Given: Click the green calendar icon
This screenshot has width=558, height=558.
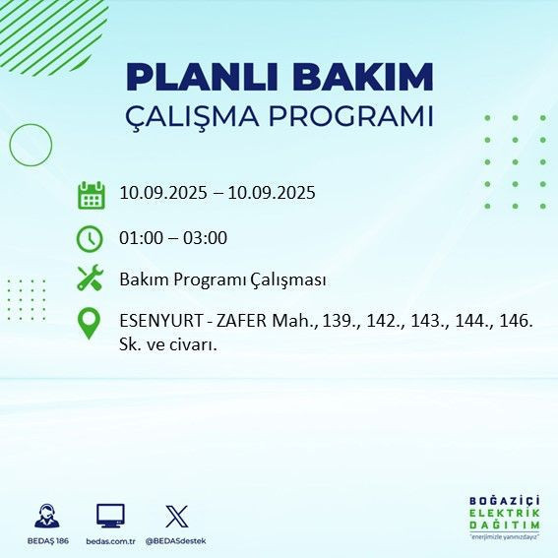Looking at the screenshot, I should coord(91,194).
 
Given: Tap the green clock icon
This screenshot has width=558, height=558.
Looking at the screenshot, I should coord(91,237).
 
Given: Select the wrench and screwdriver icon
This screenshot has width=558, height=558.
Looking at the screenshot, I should coord(91,279).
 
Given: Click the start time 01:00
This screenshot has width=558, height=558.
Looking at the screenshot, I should coord(141,237).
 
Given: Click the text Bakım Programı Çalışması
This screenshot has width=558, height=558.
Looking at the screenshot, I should coord(222,279).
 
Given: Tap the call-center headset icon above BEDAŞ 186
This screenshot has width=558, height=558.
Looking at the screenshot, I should coord(45,516).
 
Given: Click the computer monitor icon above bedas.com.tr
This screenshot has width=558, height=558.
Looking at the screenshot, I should coord(110,516).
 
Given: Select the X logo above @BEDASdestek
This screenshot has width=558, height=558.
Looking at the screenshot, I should coord(176,516).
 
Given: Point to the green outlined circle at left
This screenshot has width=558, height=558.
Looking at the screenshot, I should coord(31,145).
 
